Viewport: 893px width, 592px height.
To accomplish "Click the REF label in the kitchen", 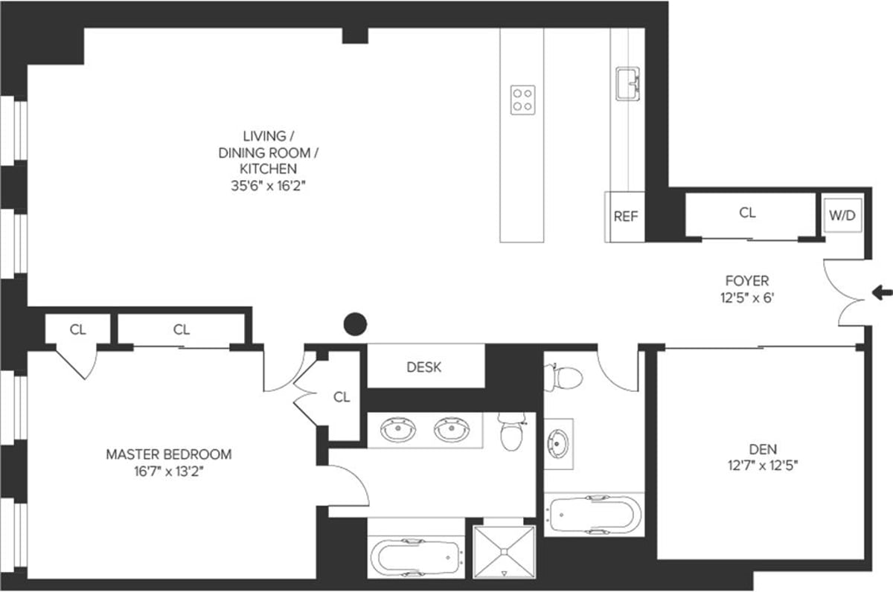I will pos(625,216).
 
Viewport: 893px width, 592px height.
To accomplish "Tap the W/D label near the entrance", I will pos(842,216).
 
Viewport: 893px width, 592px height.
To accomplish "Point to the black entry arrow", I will pos(882,293).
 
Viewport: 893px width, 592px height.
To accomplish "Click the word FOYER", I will pos(746,281).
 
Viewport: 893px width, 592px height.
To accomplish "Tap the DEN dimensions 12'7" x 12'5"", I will pos(763,467).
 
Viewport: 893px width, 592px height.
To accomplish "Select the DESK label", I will pos(424,367).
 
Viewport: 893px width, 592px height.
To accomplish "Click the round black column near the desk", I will pos(356,324).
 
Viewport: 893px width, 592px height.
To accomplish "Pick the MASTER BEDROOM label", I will pos(168,454).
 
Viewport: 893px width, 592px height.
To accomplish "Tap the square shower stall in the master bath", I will pos(505,551).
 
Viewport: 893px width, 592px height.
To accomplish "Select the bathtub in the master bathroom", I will pos(416,556).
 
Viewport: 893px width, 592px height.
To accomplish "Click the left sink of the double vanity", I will pos(395,430).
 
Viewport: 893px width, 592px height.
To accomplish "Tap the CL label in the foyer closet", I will pos(747,213).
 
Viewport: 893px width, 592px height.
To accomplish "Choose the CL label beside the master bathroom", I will pos(342,397).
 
